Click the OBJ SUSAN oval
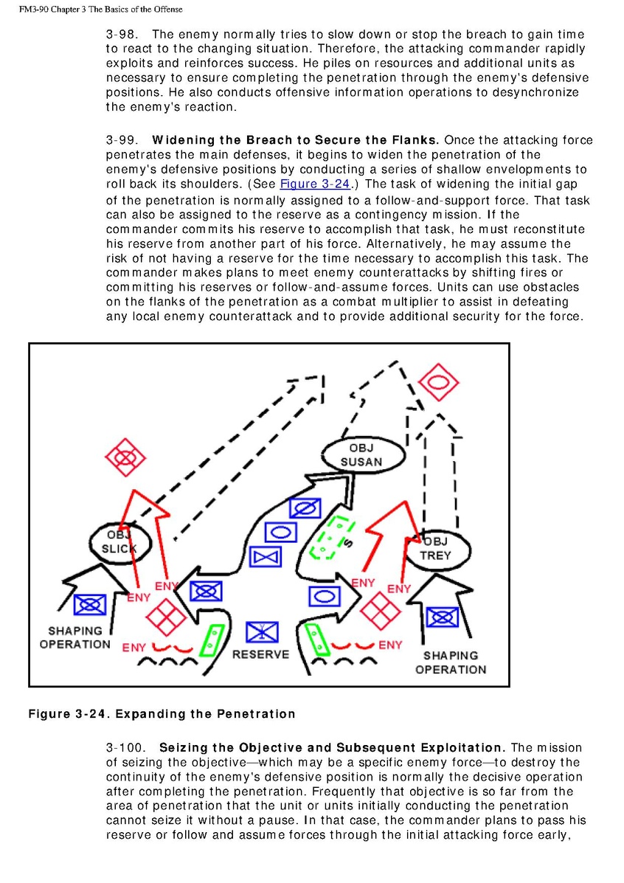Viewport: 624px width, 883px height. coord(361,456)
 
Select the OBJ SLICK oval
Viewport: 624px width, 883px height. coord(119,542)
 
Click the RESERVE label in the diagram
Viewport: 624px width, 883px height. coord(261,654)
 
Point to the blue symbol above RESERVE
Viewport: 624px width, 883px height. coord(261,632)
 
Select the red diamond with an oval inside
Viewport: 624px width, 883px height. coord(436,381)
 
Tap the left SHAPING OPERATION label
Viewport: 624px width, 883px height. coord(74,637)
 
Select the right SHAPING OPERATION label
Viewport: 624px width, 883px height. coord(451,662)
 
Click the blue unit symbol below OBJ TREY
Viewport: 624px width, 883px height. coord(442,617)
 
